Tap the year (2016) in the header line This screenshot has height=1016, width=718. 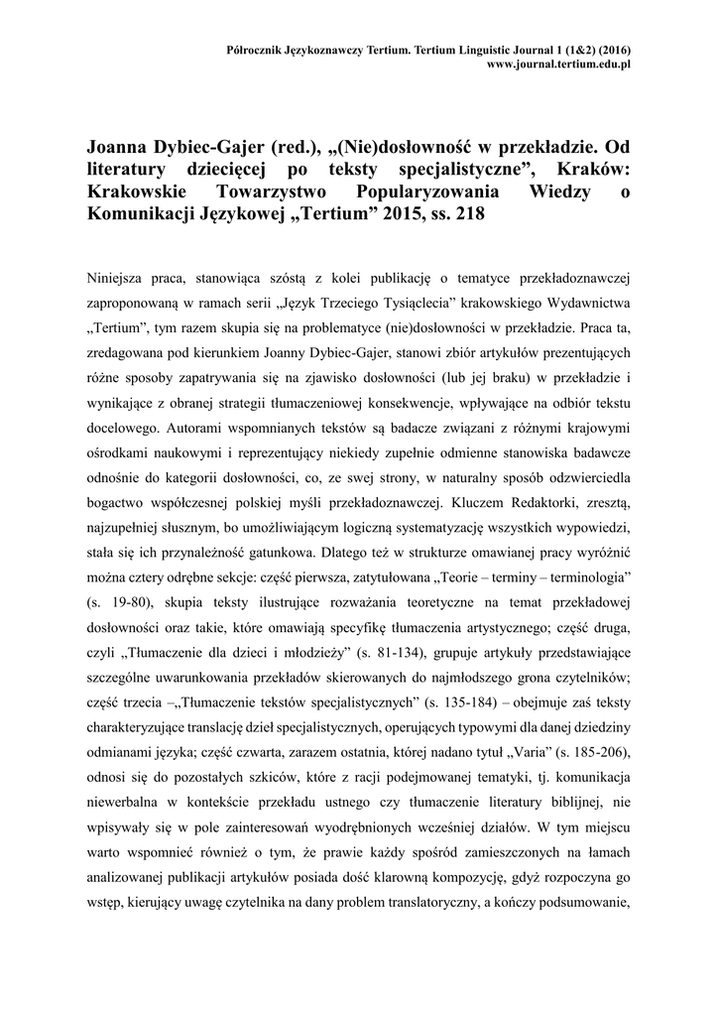[x=613, y=49]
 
